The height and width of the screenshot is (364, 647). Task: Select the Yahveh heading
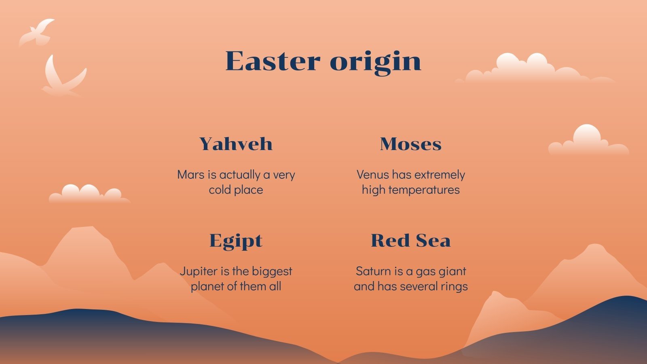coord(236,144)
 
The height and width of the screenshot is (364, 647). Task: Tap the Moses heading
coord(410,144)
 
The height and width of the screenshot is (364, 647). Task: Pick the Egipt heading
coord(236,241)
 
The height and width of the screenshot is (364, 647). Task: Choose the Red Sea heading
coord(410,241)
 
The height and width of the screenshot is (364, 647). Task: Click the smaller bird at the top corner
coord(38,32)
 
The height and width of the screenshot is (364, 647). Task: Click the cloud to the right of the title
coord(534,70)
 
